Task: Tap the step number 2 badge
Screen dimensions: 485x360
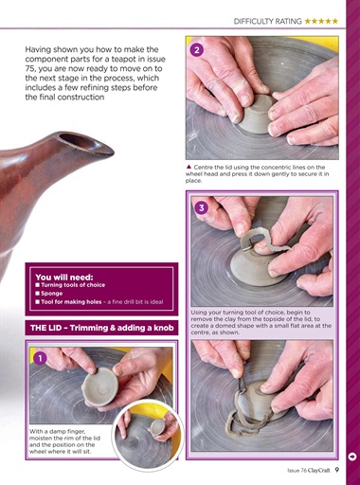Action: coord(196,49)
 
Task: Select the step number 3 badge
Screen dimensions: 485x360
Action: coord(201,207)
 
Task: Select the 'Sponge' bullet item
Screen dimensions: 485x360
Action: coord(54,293)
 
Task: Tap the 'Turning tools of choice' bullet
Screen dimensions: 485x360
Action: coord(75,285)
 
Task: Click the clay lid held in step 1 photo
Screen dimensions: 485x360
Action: coord(95,387)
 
